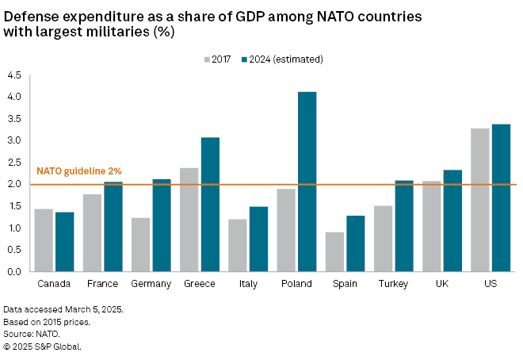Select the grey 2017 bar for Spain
[x=335, y=251]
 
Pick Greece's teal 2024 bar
[x=210, y=205]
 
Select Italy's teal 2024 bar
[x=258, y=239]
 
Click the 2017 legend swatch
[x=208, y=59]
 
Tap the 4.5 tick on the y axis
[x=15, y=75]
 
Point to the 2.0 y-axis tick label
[x=15, y=185]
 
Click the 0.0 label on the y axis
[x=15, y=272]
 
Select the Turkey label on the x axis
[x=395, y=283]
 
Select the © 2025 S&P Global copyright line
[x=42, y=347]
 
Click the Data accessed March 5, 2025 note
[x=63, y=308]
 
